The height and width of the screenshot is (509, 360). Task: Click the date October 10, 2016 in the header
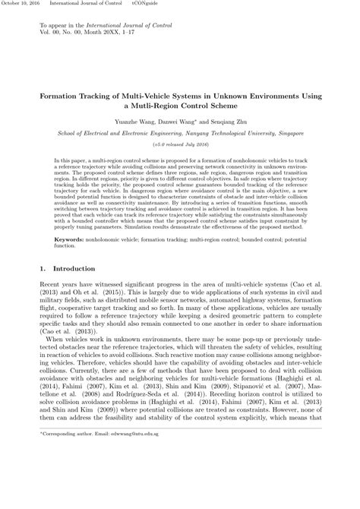click(20, 4)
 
